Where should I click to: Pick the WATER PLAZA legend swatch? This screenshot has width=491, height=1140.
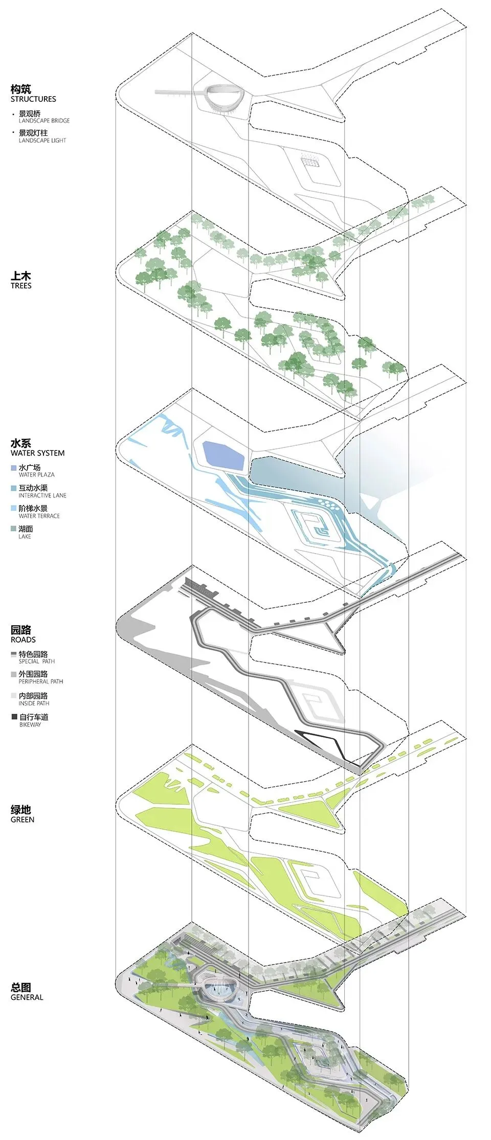[x=13, y=468]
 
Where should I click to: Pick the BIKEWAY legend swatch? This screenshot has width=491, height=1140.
[x=14, y=717]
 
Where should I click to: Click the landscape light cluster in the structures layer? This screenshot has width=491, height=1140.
[x=309, y=160]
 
